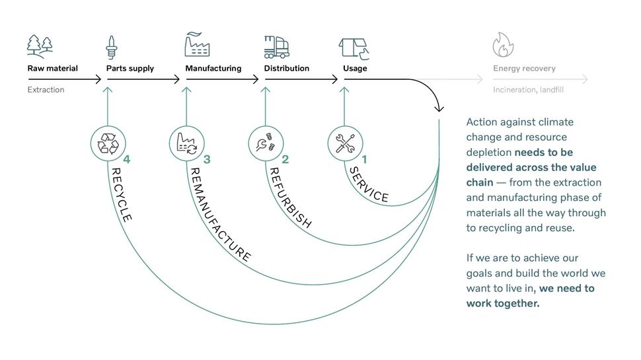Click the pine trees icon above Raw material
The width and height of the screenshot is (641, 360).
[40, 46]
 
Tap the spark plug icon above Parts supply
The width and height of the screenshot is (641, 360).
[112, 47]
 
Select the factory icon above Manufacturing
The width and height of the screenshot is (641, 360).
[197, 45]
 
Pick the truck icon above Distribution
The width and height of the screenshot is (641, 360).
[276, 46]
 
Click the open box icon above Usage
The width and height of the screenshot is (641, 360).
[354, 47]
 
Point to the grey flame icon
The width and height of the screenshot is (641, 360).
[503, 46]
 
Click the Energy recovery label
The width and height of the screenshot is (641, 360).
[524, 69]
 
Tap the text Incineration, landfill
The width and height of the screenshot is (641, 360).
[528, 90]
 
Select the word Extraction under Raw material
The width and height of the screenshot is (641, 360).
[46, 90]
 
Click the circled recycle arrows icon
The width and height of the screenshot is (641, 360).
[107, 143]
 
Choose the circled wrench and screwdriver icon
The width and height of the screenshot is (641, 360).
[345, 143]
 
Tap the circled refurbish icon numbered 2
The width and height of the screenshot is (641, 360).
[266, 143]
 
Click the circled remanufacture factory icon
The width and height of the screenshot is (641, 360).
[186, 143]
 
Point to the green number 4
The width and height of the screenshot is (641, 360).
[127, 159]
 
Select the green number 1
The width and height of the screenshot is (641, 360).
[364, 159]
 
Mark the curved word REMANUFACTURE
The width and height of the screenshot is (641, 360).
[219, 215]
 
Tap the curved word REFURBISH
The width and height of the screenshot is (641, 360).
[289, 198]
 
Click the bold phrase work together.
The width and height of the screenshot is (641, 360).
[503, 303]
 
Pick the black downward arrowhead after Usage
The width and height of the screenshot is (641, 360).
[439, 108]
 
